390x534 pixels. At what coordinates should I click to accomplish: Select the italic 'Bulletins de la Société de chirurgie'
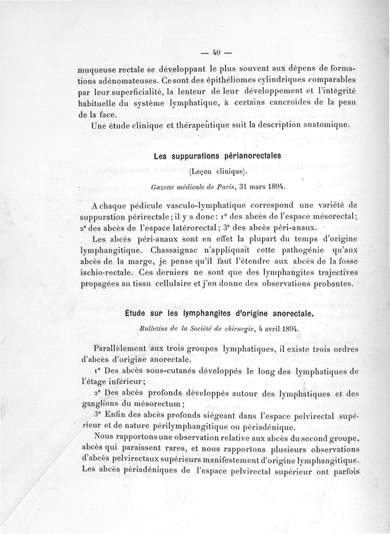(194, 329)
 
